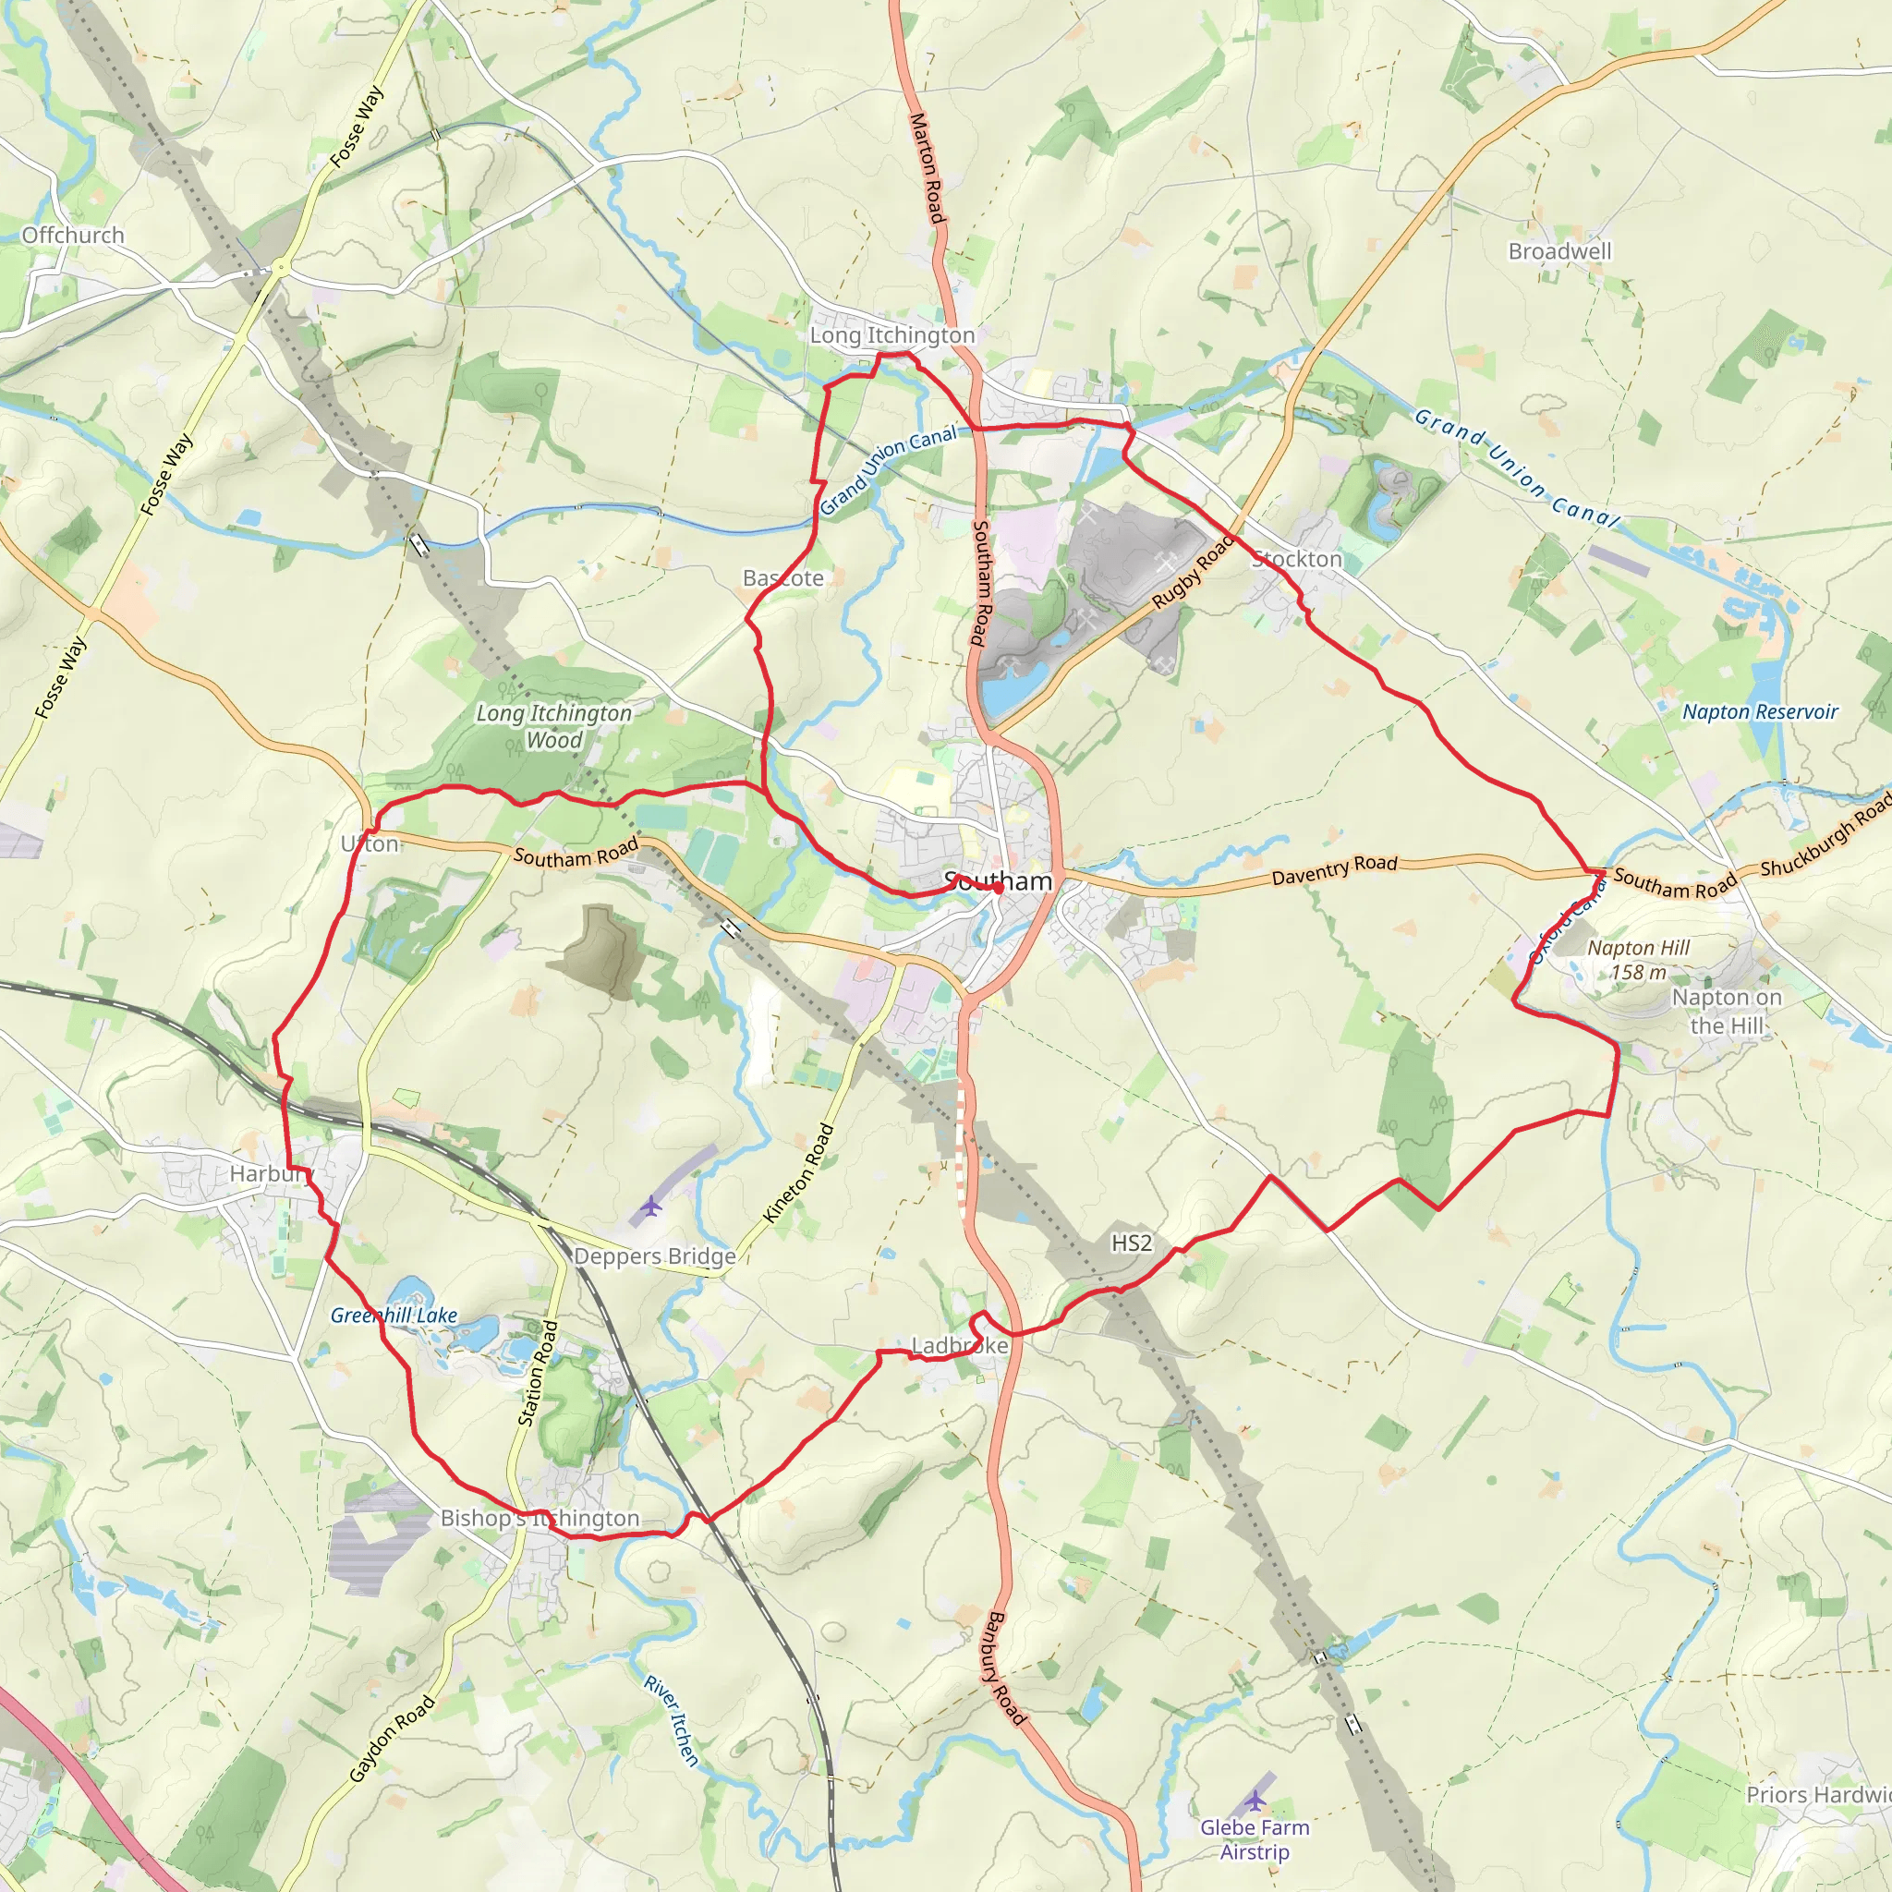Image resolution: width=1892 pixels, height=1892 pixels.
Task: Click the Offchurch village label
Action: point(74,235)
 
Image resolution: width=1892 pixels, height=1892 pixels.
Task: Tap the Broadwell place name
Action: point(1559,251)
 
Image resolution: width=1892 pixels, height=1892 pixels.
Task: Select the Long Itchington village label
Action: point(892,335)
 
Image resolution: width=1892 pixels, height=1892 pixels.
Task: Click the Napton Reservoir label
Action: point(1760,712)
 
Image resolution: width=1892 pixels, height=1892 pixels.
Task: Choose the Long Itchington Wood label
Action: point(554,727)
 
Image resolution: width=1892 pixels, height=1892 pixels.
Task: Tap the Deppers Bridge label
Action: point(654,1256)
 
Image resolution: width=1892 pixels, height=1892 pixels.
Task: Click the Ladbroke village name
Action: point(960,1345)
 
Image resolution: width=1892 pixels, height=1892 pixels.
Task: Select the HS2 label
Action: point(1131,1243)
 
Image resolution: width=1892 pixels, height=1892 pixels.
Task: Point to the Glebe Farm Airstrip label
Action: point(1255,1839)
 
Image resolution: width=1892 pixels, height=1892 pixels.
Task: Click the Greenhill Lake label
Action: point(394,1316)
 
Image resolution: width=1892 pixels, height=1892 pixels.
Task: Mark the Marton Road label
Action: point(927,167)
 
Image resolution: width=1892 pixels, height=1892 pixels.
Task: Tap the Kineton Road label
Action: point(798,1173)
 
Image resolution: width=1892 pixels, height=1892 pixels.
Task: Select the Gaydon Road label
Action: point(392,1739)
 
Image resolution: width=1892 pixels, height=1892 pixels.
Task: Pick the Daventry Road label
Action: point(1334,868)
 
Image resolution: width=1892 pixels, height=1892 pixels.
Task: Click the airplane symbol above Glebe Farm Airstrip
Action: point(1255,1801)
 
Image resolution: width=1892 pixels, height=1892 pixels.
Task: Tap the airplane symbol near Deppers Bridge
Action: point(651,1206)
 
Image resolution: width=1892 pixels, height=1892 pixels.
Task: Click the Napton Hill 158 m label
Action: point(1638,960)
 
